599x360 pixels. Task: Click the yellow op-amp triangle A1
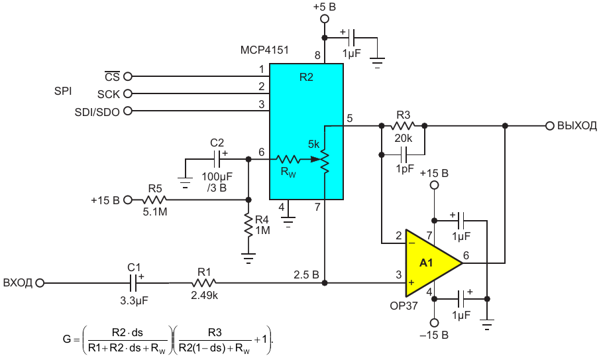(431, 263)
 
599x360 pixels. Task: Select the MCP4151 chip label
(264, 50)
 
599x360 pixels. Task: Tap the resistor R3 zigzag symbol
(403, 125)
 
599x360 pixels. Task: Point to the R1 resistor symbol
(204, 283)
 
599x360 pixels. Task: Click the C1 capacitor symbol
(135, 283)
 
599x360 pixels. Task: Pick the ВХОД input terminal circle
(40, 283)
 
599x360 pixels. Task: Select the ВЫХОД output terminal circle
(550, 126)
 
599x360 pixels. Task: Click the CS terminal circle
(128, 76)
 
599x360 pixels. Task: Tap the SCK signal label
(109, 94)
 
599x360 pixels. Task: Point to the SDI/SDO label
(97, 112)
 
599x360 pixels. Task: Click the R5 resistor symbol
(154, 200)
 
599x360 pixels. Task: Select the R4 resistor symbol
(248, 225)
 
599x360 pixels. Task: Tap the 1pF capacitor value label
(405, 168)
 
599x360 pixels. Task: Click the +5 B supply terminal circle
(324, 19)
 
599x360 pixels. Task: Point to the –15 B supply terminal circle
(434, 322)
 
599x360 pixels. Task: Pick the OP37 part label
(404, 306)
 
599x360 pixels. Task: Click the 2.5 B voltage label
(306, 274)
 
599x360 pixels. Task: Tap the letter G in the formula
(67, 339)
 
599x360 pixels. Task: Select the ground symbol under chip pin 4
(288, 221)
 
